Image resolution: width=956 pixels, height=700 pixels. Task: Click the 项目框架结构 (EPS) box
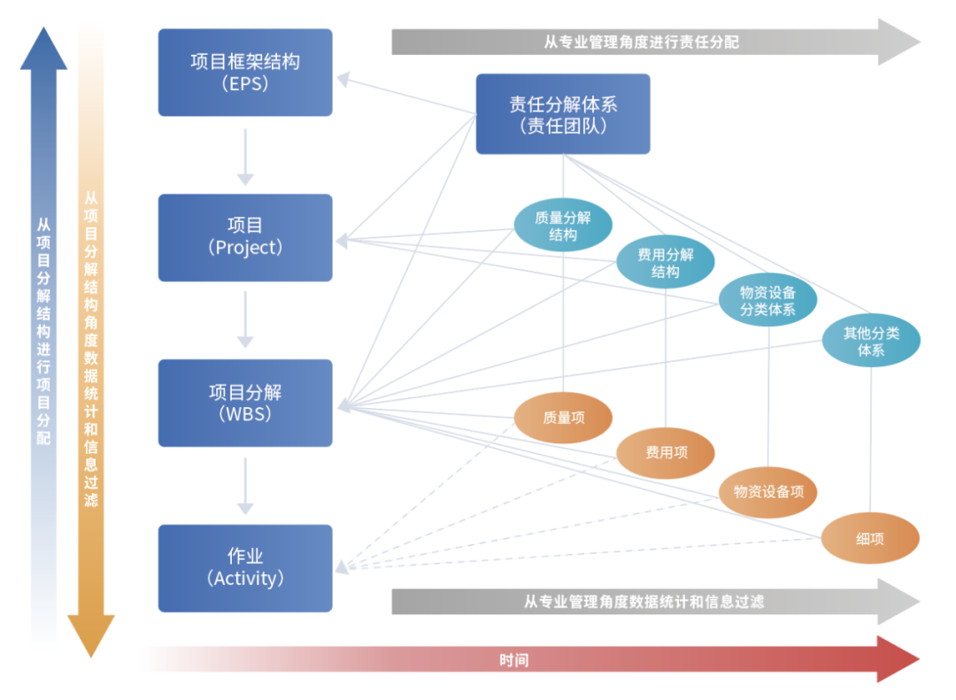click(245, 73)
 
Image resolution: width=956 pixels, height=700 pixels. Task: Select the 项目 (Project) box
click(245, 237)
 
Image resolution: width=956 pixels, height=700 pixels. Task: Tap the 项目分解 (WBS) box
click(245, 403)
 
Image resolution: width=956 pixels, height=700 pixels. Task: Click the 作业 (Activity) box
click(245, 568)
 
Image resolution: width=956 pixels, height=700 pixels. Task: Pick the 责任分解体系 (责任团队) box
click(563, 114)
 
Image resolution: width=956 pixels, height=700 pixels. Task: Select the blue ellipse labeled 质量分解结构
click(563, 226)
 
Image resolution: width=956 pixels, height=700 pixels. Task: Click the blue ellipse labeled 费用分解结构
click(665, 263)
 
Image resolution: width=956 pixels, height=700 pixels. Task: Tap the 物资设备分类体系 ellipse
click(767, 300)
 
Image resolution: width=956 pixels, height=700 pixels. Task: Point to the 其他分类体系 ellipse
click(870, 342)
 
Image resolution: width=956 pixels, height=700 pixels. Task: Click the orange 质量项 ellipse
click(563, 418)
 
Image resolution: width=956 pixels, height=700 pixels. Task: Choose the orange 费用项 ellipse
click(665, 453)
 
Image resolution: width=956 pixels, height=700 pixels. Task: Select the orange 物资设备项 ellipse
click(767, 491)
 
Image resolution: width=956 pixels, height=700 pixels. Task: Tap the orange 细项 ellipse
click(870, 538)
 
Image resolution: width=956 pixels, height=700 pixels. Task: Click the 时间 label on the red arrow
click(513, 660)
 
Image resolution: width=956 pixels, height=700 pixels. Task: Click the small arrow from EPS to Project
click(245, 156)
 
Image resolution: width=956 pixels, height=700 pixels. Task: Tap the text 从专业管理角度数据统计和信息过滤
click(643, 602)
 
